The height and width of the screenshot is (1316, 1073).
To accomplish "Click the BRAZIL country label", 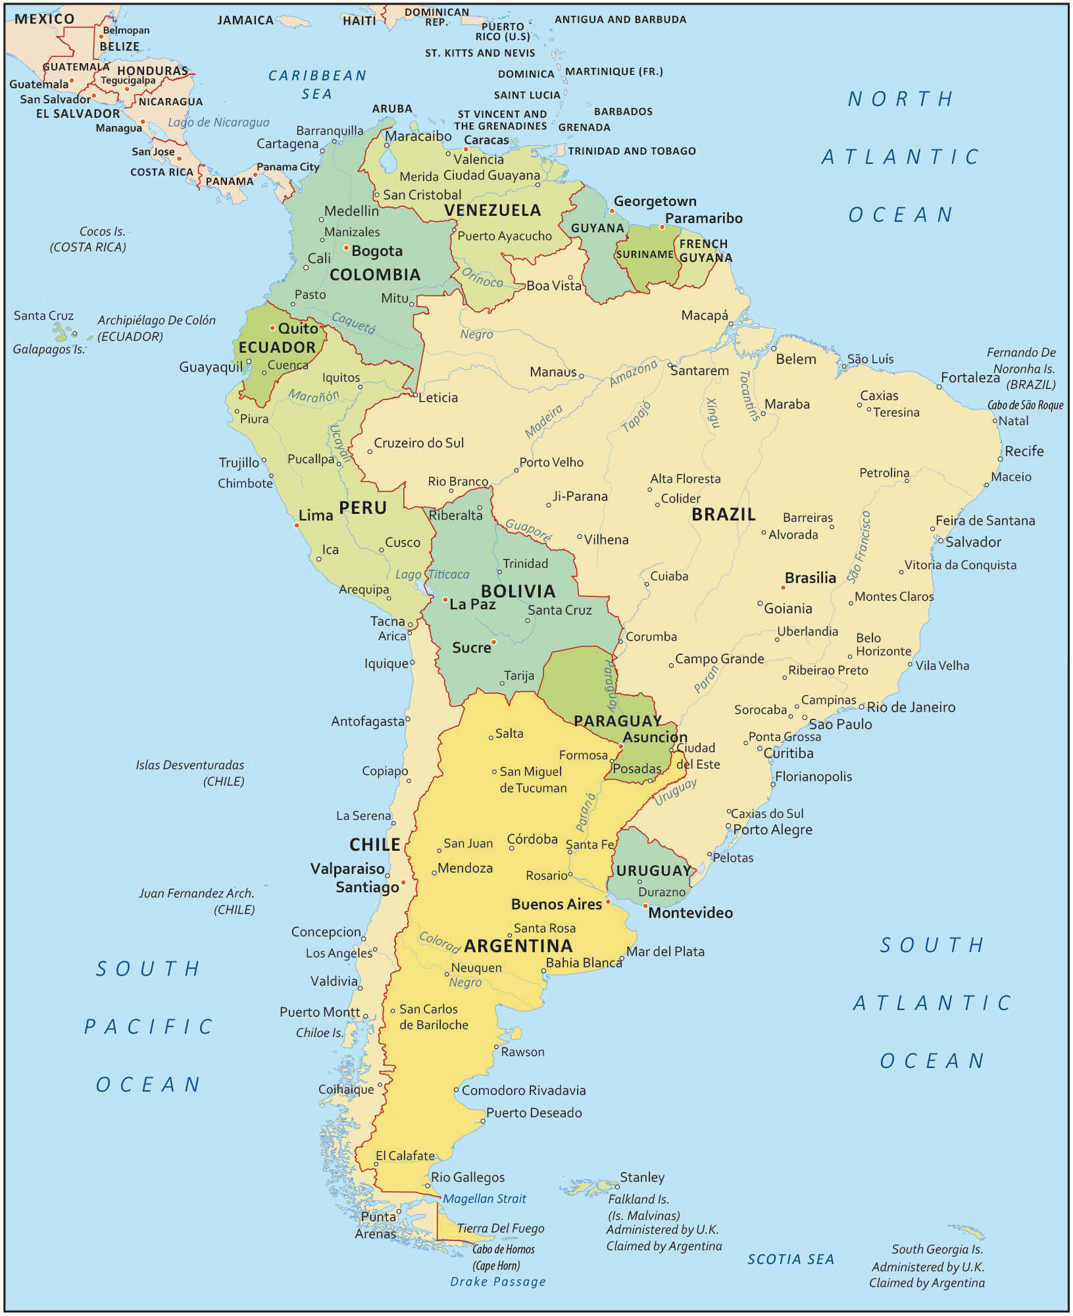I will [723, 515].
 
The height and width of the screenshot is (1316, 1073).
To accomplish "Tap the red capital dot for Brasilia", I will [783, 588].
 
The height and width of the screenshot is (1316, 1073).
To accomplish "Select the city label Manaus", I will [553, 372].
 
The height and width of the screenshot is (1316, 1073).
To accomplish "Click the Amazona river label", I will [633, 374].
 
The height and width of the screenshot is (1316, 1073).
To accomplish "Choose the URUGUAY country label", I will [653, 871].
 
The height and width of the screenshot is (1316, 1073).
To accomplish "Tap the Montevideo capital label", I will [690, 913].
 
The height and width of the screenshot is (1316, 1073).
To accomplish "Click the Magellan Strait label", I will [484, 1199].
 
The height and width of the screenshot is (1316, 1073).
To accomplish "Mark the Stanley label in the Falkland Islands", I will [641, 1177].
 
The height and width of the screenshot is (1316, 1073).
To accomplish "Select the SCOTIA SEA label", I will [790, 1259].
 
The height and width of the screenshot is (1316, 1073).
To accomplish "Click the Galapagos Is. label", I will [49, 349].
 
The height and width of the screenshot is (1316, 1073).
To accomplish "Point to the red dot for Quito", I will [272, 328].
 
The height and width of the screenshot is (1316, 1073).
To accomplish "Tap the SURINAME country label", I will [644, 255].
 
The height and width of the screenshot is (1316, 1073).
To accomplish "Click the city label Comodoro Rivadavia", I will [523, 1090].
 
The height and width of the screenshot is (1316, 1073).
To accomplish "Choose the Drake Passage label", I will [497, 1282].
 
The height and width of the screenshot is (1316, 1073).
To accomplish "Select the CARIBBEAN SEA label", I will [317, 85].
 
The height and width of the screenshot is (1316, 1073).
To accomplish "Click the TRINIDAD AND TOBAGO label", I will [632, 151].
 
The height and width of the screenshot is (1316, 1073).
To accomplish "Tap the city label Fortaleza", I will [970, 378].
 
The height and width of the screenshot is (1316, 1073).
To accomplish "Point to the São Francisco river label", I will [859, 547].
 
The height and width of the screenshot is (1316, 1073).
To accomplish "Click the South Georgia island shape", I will [966, 1231].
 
